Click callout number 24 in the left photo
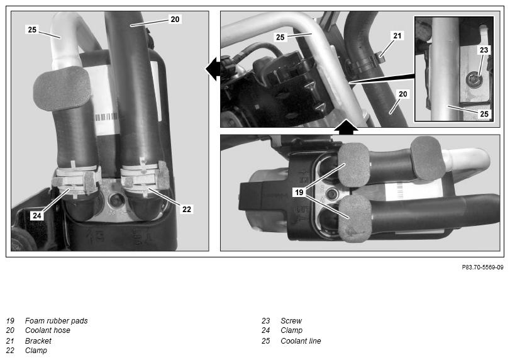pyautogui.click(x=37, y=215)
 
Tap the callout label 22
pyautogui.click(x=187, y=210)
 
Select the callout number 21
pyautogui.click(x=397, y=36)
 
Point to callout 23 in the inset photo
pyautogui.click(x=484, y=50)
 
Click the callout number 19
pyautogui.click(x=299, y=193)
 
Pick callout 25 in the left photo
pyautogui.click(x=32, y=30)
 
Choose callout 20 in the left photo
pyautogui.click(x=175, y=20)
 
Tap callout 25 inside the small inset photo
pyautogui.click(x=484, y=114)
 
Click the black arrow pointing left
pyautogui.click(x=213, y=69)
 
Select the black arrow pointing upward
pyautogui.click(x=346, y=127)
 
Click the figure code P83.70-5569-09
pyautogui.click(x=483, y=267)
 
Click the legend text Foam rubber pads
pyautogui.click(x=56, y=321)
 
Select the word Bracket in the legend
pyautogui.click(x=38, y=340)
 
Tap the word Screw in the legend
pyautogui.click(x=291, y=321)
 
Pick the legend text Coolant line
pyautogui.click(x=301, y=340)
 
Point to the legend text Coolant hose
pyautogui.click(x=48, y=330)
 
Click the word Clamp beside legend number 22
pyautogui.click(x=36, y=351)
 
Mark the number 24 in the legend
pyautogui.click(x=266, y=330)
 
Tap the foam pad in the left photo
pyautogui.click(x=62, y=89)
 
